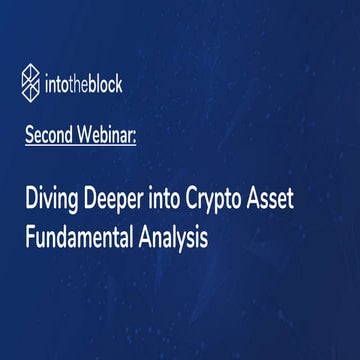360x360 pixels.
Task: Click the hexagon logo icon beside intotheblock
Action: (x=33, y=78)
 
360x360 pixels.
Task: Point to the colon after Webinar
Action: (x=146, y=134)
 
